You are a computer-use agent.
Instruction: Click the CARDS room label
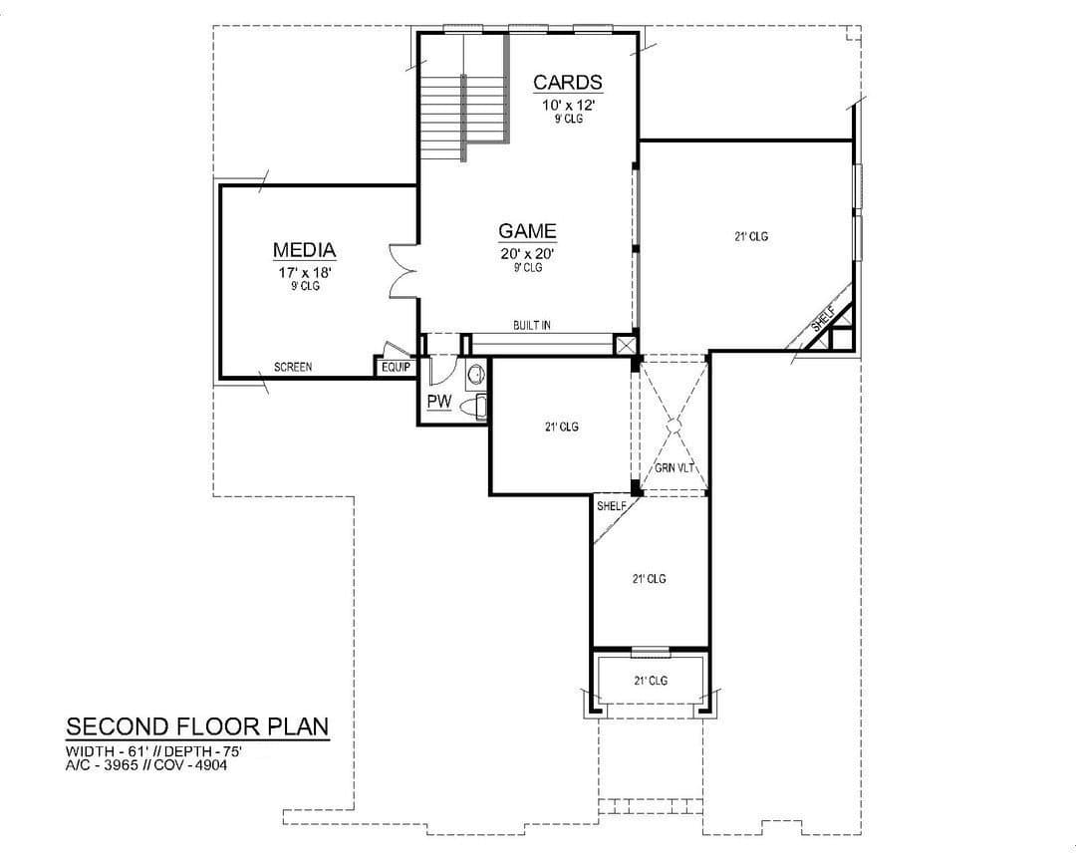(568, 83)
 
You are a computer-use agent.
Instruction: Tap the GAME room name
(527, 231)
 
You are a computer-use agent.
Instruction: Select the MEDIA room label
(304, 250)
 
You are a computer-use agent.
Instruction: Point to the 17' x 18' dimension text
(305, 272)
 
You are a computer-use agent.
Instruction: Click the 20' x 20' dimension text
(527, 253)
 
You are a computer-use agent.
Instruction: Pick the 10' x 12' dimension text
(568, 105)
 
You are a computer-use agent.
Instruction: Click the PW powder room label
(439, 402)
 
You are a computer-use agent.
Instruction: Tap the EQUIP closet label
(396, 368)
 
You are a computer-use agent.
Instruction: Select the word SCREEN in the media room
(293, 368)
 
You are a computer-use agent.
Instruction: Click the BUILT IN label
(531, 326)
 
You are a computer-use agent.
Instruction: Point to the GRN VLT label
(674, 468)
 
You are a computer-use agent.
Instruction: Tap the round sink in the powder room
(476, 375)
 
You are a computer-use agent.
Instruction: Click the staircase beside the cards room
(464, 96)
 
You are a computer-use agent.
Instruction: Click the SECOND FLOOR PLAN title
(197, 726)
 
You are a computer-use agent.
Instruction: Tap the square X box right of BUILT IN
(625, 344)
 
